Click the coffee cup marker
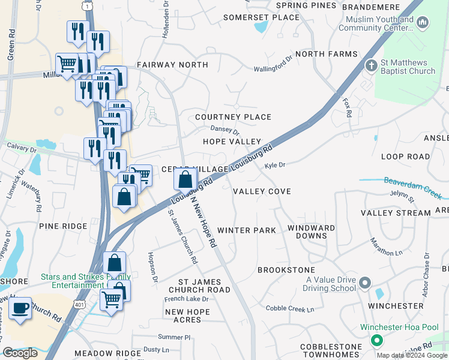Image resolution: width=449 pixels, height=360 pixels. coord(20,308)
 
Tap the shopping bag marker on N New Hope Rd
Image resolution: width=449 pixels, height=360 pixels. coord(185,179)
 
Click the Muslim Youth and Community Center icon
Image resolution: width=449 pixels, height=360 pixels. coord(423,23)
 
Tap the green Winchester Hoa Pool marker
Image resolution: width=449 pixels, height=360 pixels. coord(377,341)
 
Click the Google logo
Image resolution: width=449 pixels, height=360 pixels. coord(20,353)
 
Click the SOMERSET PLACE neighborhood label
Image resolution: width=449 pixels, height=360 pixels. coord(261,17)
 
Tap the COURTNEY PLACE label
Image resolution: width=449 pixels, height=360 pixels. coord(234,117)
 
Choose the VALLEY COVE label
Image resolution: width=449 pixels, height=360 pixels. coord(262,191)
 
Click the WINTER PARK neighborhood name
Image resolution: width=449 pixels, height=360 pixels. coord(246,230)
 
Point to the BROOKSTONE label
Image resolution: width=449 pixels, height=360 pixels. coord(286,271)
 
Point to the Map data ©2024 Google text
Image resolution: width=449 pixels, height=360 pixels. coord(412,355)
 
